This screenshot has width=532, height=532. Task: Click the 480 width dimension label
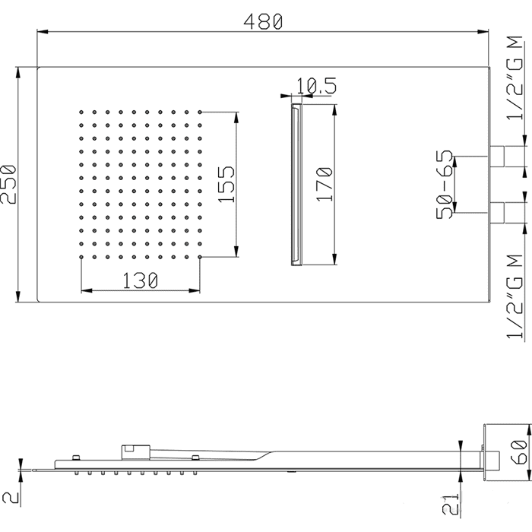pos(263,21)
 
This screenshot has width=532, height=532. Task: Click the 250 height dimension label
pos(8,185)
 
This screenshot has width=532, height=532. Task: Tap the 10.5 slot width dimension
pos(317,85)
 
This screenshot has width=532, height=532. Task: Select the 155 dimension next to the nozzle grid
pos(226,185)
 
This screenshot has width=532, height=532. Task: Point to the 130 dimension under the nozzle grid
pos(140,280)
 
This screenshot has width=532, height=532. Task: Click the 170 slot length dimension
pos(324,185)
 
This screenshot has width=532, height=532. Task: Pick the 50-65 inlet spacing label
pos(445,185)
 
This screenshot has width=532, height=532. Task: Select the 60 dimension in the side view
pos(519,452)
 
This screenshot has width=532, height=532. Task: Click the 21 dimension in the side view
pos(451,504)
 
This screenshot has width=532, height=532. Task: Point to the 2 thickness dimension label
pos(10,498)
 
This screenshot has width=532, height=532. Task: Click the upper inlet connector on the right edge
pos(497,157)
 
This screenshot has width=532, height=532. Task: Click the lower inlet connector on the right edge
pos(497,213)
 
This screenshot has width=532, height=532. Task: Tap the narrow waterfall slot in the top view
pos(296,185)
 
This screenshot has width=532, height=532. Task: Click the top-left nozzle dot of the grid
pos(81,112)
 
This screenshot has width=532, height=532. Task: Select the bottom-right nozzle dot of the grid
pos(200,257)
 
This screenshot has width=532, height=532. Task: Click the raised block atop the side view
pos(136,452)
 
